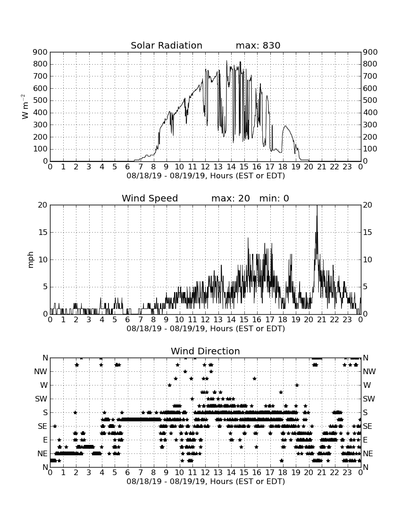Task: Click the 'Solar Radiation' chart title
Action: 167,45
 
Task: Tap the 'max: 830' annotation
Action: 258,45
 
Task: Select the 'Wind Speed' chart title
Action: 150,198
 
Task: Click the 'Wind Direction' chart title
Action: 205,351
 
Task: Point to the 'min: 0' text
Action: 274,198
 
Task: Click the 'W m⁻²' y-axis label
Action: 25,107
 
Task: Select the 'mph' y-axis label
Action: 31,260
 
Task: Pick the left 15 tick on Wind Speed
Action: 43,232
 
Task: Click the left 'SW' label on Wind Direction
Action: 41,399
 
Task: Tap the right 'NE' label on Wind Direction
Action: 368,453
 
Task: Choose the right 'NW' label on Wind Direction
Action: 369,372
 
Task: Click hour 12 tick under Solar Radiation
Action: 205,167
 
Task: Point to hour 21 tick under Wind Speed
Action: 322,320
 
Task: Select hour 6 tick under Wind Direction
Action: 128,473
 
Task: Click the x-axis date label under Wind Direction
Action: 206,481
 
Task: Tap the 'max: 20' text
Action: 231,198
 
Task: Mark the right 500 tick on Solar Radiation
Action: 370,100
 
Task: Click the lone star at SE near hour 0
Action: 55,426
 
